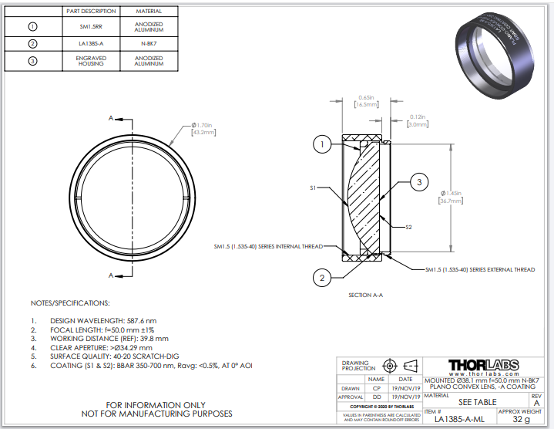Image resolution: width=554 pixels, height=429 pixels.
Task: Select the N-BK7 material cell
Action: (149, 44)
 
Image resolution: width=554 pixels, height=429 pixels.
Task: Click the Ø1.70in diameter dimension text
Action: (203, 129)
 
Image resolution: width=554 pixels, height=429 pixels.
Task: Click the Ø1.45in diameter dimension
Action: (452, 196)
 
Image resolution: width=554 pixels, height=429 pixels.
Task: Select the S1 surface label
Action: (314, 187)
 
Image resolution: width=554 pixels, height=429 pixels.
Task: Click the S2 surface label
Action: (410, 227)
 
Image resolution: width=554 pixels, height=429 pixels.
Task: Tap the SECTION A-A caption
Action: (365, 295)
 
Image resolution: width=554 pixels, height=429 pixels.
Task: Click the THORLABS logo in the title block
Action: (483, 364)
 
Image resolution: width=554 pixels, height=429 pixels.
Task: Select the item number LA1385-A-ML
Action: (460, 419)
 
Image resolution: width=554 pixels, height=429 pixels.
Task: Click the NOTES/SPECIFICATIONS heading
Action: (70, 302)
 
